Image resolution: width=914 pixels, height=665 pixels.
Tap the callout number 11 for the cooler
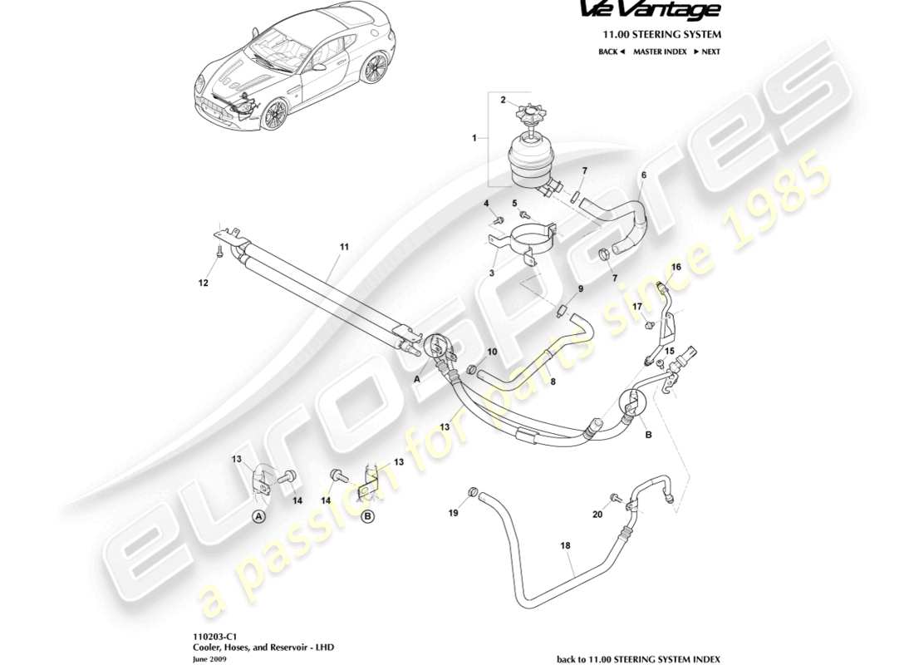(x=344, y=247)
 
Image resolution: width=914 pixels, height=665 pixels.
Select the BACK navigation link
(x=612, y=52)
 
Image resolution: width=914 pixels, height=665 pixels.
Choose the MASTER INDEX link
(x=660, y=52)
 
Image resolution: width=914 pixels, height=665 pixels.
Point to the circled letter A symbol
(x=258, y=515)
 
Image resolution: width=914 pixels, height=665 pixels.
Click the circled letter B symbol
(x=368, y=515)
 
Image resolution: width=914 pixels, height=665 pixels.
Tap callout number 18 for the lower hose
(x=565, y=546)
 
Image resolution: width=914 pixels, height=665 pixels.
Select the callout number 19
(x=454, y=514)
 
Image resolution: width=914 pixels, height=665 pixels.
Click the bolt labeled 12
(x=219, y=254)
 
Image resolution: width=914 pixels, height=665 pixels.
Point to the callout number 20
(x=598, y=515)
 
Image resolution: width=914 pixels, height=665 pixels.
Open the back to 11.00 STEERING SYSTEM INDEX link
(x=638, y=658)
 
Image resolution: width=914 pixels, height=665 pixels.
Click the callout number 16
(x=676, y=267)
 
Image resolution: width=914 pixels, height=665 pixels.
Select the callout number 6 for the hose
(x=642, y=175)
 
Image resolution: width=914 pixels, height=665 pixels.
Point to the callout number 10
(x=492, y=352)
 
